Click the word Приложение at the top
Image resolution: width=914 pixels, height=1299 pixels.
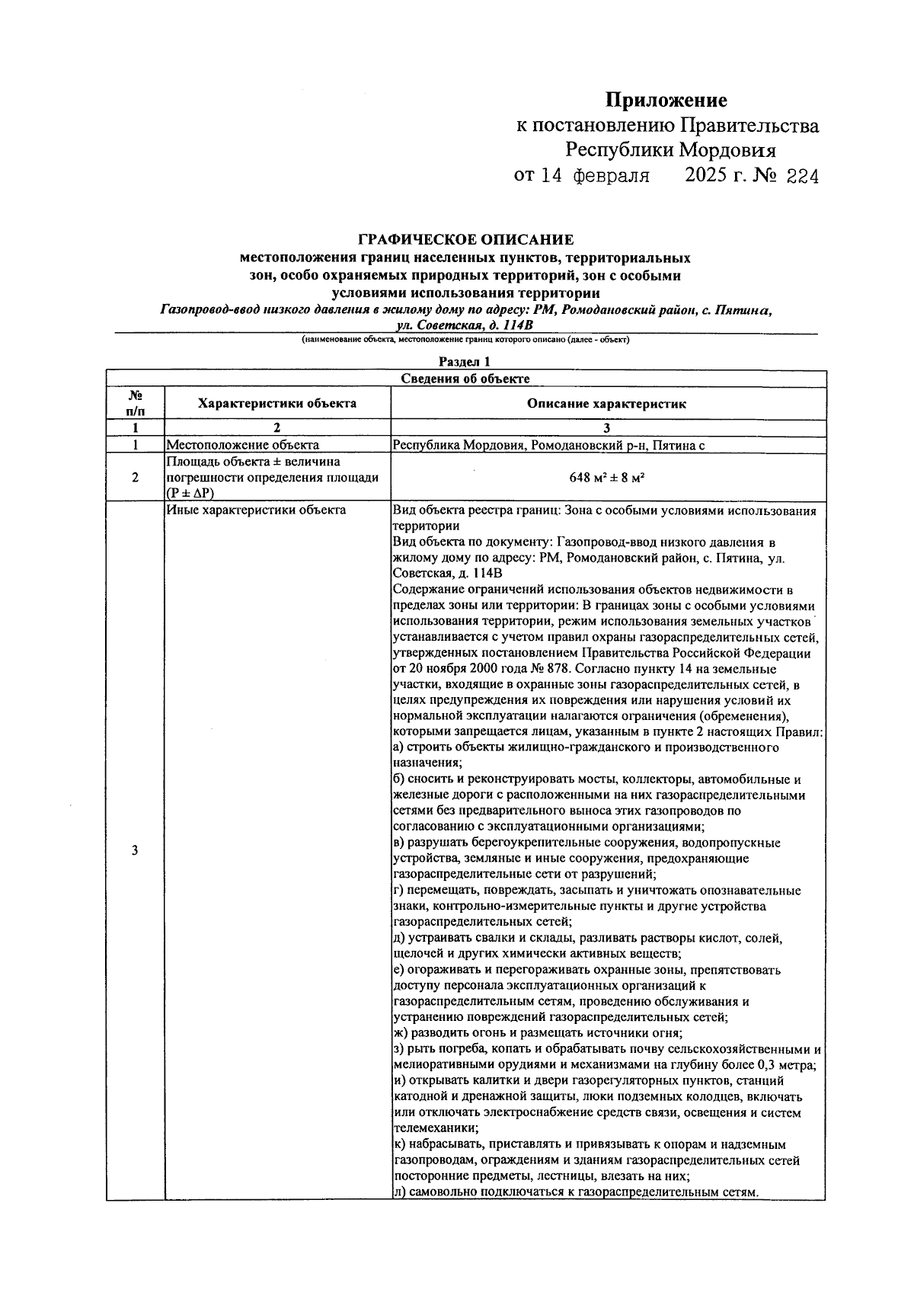666,101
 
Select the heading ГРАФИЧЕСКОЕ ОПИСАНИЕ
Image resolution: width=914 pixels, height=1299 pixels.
465,241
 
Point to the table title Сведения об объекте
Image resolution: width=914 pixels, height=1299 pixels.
465,379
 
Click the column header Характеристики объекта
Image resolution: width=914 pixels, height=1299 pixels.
277,404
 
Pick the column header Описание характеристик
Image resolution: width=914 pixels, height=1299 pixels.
607,404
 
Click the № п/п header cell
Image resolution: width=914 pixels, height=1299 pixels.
135,403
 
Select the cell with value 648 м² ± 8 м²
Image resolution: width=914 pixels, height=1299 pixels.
607,478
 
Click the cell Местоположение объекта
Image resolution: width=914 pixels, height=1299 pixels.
242,445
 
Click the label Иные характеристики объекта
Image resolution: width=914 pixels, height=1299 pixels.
256,510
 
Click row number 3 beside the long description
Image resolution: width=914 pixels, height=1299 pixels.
135,851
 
